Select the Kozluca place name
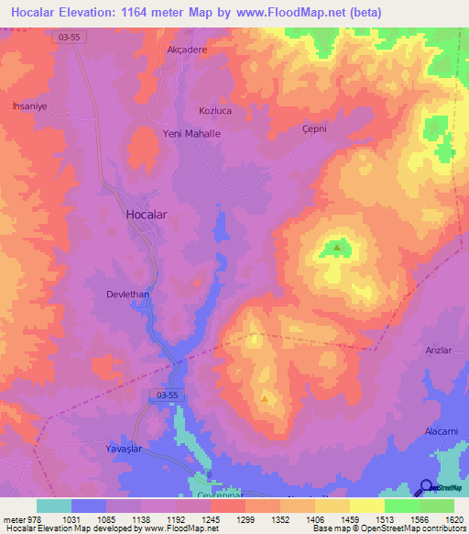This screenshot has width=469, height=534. click(x=217, y=110)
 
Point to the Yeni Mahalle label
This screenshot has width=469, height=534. click(x=191, y=133)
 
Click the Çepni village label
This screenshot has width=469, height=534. click(x=315, y=129)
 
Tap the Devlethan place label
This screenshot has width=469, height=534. click(x=128, y=295)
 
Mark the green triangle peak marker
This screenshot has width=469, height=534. click(x=337, y=246)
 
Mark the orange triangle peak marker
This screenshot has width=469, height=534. click(x=266, y=398)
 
